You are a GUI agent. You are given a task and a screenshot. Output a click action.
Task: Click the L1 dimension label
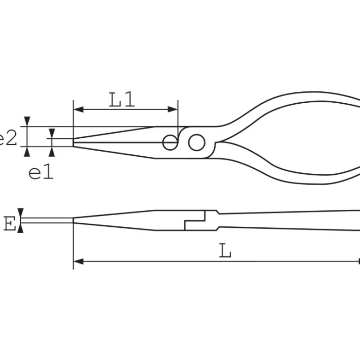point(121,100)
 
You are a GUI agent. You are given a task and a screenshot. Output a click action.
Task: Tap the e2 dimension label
point(8,138)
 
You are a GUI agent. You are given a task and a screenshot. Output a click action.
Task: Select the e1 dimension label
point(41,172)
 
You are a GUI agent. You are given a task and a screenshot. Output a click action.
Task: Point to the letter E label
point(10,224)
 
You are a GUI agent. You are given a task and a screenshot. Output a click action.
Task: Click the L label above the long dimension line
point(225,251)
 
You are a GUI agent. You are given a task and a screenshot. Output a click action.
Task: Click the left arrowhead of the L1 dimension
point(78,110)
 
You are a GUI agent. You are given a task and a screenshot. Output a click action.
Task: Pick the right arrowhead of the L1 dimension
point(173,110)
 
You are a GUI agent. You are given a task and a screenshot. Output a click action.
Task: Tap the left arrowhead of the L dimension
point(78,261)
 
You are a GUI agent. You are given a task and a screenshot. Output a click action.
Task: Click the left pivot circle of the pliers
point(170,142)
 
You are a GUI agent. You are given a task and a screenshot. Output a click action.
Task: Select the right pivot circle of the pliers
point(197,142)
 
